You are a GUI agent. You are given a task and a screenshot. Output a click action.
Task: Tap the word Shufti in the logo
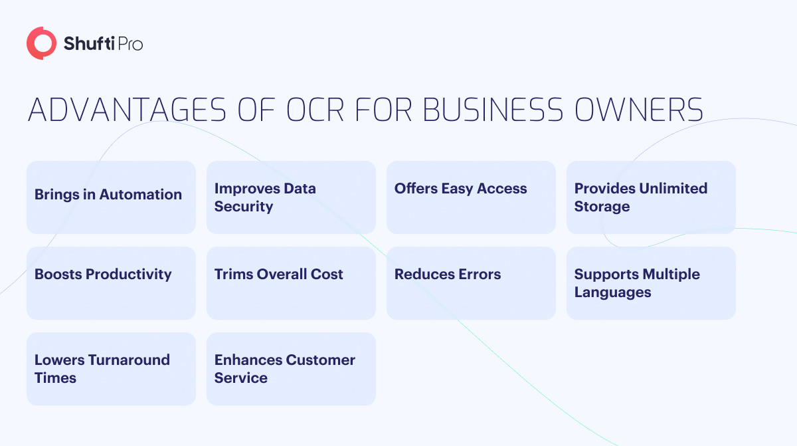pyautogui.click(x=89, y=43)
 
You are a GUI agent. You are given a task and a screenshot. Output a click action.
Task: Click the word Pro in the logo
pyautogui.click(x=130, y=44)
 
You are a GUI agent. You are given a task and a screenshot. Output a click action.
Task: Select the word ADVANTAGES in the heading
pyautogui.click(x=127, y=110)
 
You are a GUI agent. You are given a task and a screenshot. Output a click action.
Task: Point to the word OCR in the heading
pyautogui.click(x=315, y=110)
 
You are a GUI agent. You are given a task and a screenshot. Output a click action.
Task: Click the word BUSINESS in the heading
pyautogui.click(x=493, y=110)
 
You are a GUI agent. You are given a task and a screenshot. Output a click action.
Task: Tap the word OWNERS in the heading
pyautogui.click(x=639, y=110)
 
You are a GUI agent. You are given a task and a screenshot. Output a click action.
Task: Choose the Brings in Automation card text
pyautogui.click(x=108, y=195)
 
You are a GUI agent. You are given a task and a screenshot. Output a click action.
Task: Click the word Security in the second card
pyautogui.click(x=244, y=207)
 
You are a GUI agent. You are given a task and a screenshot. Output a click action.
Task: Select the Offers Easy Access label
pyautogui.click(x=460, y=189)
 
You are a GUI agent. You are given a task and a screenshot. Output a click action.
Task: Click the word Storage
pyautogui.click(x=602, y=207)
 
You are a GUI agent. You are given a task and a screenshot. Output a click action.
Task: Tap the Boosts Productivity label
pyautogui.click(x=103, y=275)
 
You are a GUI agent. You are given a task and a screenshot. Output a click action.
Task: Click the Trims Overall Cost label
pyautogui.click(x=278, y=274)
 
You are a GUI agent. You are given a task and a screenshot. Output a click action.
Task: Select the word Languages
pyautogui.click(x=612, y=292)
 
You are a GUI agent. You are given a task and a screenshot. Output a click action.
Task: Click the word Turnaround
pyautogui.click(x=129, y=360)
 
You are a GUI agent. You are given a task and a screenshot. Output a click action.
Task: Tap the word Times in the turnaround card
pyautogui.click(x=55, y=378)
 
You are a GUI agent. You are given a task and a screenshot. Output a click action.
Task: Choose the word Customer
pyautogui.click(x=320, y=360)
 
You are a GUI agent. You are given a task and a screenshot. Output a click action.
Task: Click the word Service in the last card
pyautogui.click(x=241, y=378)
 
